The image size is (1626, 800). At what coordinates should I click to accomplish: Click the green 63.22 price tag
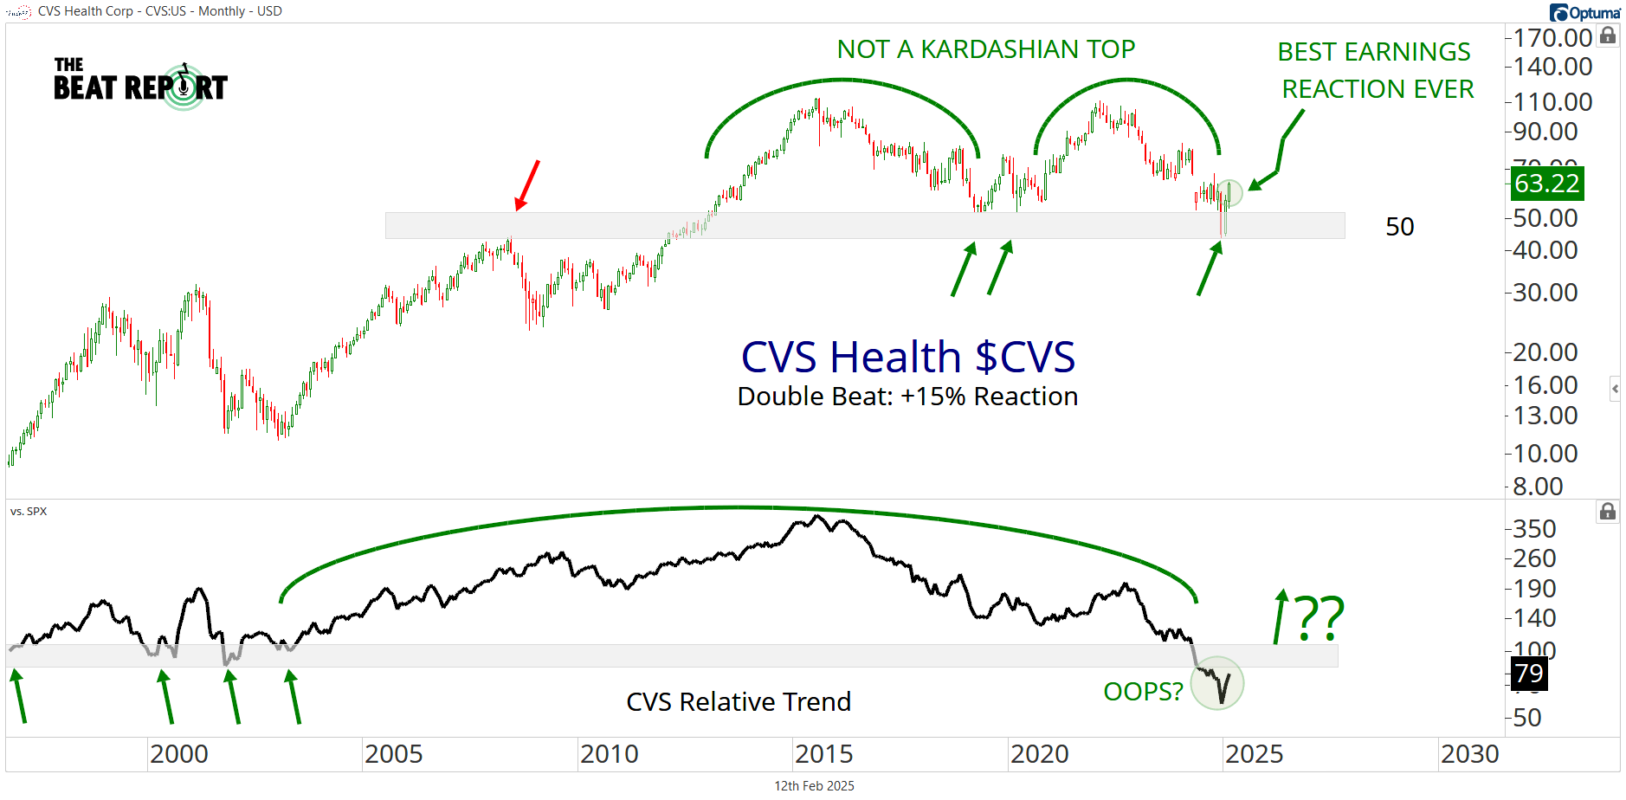[1546, 184]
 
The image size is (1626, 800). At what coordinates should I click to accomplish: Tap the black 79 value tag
[1528, 673]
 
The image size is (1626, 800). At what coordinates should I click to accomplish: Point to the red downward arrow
[527, 184]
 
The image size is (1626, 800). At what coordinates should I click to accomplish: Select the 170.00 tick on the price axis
[1552, 37]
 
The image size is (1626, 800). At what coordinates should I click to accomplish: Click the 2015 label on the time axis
[823, 754]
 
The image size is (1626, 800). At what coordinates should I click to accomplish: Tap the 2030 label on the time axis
[1469, 754]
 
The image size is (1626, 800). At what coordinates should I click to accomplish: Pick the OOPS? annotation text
[1143, 692]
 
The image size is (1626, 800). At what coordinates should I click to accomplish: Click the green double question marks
[1320, 617]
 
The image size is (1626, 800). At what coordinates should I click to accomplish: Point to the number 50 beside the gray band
[1399, 227]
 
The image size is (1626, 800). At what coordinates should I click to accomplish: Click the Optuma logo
[1585, 12]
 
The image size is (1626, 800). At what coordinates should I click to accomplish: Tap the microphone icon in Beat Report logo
[184, 86]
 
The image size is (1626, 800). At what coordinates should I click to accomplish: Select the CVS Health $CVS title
[907, 357]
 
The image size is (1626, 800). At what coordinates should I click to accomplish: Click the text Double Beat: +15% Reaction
[907, 397]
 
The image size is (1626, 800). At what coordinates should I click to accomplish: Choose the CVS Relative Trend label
[739, 701]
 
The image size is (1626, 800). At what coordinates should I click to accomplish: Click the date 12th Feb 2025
[814, 786]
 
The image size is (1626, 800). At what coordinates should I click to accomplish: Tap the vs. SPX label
[29, 512]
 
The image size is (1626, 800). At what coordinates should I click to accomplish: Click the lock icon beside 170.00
[1608, 35]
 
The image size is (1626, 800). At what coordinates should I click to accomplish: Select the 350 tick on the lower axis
[1534, 528]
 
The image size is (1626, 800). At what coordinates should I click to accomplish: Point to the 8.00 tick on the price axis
[1537, 486]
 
